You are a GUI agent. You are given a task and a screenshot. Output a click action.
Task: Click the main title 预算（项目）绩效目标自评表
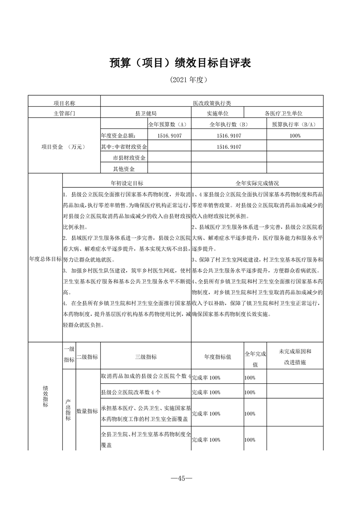point(180,63)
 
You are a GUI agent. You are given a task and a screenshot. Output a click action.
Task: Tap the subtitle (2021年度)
point(180,80)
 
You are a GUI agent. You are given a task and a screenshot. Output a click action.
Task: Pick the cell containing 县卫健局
point(146,113)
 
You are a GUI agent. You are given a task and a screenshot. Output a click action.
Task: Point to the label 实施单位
point(217,113)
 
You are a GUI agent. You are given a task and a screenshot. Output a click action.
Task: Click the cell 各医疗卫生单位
point(283,113)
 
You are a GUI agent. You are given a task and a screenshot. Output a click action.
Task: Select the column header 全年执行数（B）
point(228,124)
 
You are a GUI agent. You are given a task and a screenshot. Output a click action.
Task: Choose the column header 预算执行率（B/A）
point(294,124)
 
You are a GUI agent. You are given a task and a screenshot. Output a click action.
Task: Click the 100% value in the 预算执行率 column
point(294,136)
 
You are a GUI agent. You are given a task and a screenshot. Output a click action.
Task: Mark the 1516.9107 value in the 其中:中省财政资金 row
point(228,147)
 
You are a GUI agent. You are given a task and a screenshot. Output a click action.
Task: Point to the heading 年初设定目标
point(127,183)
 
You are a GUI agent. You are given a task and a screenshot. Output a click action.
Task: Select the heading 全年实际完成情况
point(257,183)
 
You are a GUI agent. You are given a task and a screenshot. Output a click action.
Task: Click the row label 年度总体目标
point(45,259)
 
